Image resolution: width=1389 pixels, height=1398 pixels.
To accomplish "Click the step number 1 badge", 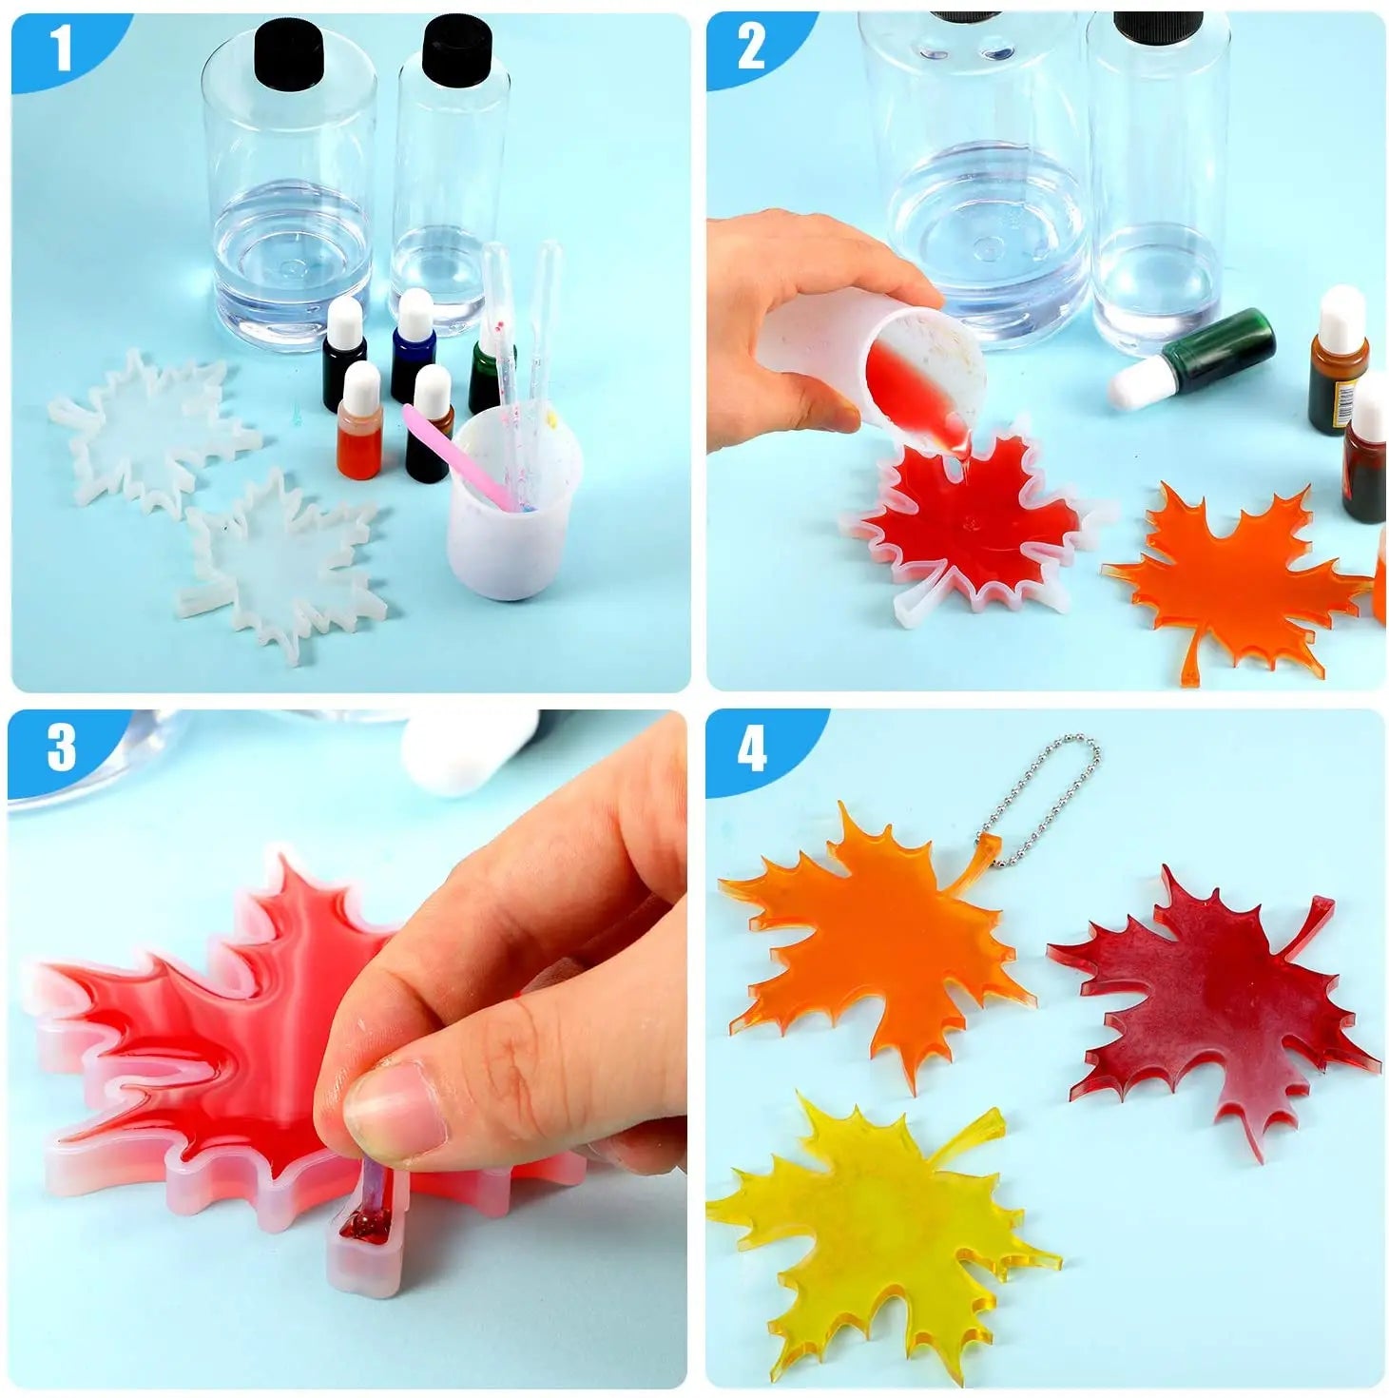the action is (x=63, y=48).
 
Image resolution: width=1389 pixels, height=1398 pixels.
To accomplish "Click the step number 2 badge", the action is (x=750, y=48).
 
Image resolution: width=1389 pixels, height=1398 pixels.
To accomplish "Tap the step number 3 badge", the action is (x=61, y=748).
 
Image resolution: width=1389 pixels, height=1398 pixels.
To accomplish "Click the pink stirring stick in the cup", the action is (x=442, y=458).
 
